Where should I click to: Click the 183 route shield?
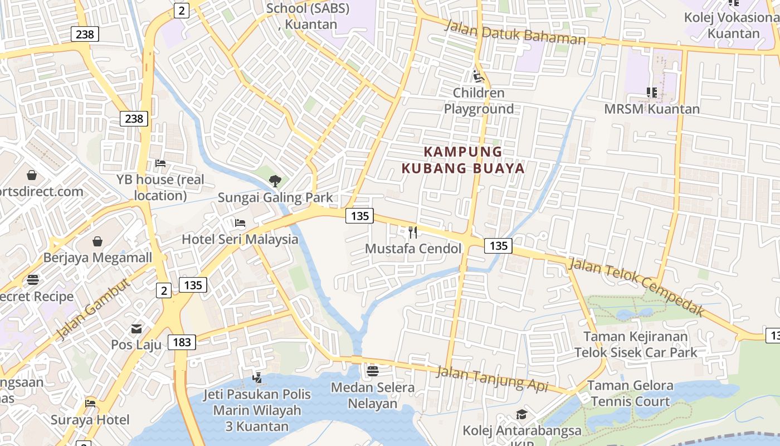(182, 342)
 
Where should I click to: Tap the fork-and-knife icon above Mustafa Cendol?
(413, 232)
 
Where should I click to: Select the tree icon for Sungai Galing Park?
(275, 181)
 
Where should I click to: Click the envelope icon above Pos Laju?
(136, 329)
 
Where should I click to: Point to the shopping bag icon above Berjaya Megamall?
(97, 241)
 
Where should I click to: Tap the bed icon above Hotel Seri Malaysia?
(240, 223)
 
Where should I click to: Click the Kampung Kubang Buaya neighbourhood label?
(463, 160)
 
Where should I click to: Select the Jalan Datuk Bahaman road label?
(515, 33)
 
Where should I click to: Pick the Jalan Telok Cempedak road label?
(635, 287)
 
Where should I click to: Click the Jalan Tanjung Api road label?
(492, 379)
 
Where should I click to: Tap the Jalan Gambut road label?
(93, 309)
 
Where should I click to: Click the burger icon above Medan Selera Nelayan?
(372, 371)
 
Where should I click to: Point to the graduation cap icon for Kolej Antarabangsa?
(521, 414)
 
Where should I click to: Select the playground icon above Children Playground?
(478, 76)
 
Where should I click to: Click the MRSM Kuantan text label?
(652, 109)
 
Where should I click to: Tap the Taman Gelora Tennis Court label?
(630, 394)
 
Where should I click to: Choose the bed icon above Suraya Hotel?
(90, 403)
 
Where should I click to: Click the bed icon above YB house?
(160, 163)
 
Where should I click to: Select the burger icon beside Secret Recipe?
(33, 279)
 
